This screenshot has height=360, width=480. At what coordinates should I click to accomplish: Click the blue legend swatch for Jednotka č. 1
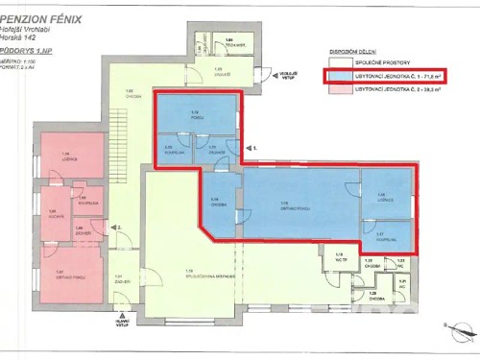[x=337, y=74]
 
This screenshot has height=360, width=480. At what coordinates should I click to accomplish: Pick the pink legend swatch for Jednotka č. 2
[x=337, y=88]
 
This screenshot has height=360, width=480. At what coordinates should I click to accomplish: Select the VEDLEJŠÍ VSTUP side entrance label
[x=286, y=68]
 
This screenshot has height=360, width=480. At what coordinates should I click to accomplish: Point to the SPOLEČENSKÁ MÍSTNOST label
[x=192, y=274]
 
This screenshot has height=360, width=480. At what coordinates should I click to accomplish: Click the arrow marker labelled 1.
[x=252, y=148]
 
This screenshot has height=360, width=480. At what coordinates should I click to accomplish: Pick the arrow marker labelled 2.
[x=116, y=228]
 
